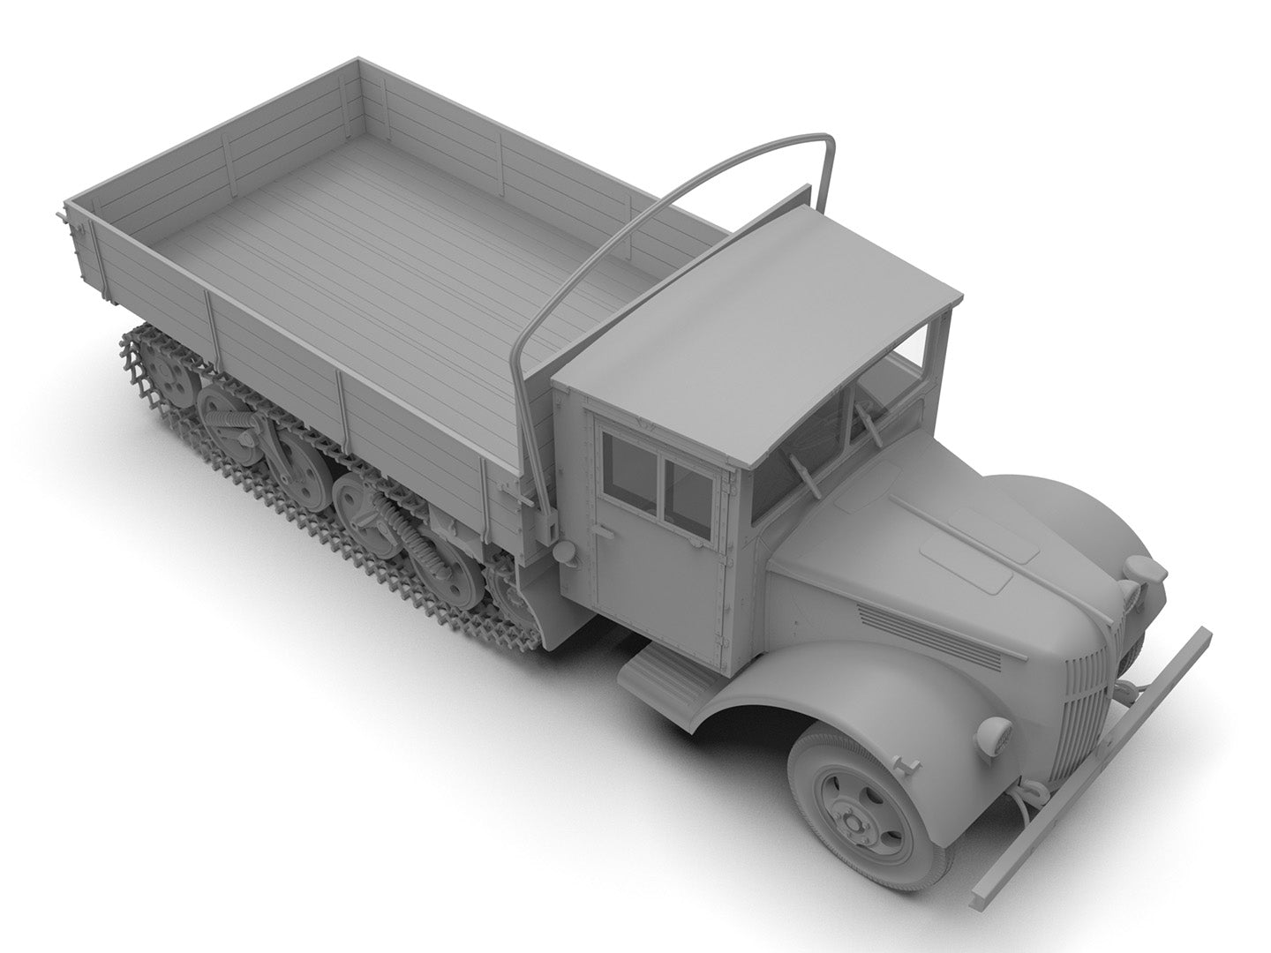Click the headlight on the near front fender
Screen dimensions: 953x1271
coord(996,732)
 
